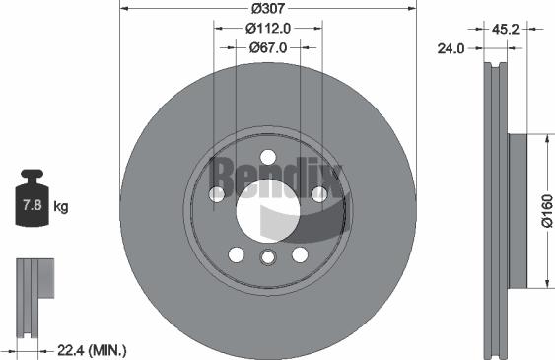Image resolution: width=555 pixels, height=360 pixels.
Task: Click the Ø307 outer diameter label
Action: coord(267,8)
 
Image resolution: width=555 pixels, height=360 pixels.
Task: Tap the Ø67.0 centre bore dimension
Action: coord(267,46)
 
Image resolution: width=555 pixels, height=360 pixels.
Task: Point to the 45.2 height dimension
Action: coord(508,29)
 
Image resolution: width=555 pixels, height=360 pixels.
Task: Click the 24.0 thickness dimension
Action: coord(454,47)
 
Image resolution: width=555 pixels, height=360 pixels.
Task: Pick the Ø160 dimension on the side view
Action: coord(545,209)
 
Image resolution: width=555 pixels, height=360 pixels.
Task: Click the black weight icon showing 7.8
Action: coord(32,203)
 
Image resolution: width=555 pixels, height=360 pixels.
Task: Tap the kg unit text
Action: coord(61,207)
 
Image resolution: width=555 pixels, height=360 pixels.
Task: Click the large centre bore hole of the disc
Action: coord(267,210)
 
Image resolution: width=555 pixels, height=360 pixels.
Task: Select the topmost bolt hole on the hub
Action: coord(267,156)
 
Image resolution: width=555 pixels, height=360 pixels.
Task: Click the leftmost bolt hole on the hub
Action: coord(217,194)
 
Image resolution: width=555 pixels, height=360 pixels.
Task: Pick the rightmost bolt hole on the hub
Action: coord(318,194)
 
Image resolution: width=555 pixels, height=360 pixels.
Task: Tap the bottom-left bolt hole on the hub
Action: coord(236,254)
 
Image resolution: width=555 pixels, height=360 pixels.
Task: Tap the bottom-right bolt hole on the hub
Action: coord(300,254)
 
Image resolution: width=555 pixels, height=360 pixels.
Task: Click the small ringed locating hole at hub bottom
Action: coord(267,258)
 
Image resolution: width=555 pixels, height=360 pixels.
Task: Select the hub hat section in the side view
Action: coord(519,209)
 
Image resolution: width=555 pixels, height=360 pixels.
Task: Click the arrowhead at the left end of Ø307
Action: coord(122,8)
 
